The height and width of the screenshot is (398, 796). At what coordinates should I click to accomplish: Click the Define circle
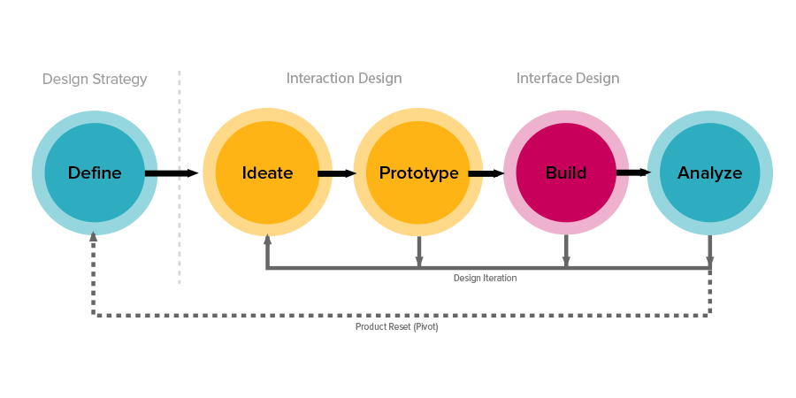[95, 172]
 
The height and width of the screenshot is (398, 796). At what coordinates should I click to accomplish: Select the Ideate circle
[267, 172]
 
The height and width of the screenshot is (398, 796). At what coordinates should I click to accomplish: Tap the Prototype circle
[418, 172]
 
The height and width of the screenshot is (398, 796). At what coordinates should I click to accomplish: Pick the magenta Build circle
[566, 172]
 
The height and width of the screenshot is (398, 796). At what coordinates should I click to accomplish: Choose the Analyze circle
[709, 172]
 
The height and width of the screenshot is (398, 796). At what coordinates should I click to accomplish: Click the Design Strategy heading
[95, 80]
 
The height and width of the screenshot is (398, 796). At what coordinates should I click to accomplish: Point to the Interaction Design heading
[344, 79]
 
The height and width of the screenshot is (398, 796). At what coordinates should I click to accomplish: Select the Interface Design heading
[568, 79]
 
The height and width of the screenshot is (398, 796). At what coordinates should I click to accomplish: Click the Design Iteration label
[485, 278]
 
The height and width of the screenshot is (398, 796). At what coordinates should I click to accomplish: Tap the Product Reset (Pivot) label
[397, 326]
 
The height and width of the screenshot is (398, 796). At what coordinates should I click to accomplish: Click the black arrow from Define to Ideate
[172, 173]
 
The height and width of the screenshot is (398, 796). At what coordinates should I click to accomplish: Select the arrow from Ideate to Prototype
[336, 173]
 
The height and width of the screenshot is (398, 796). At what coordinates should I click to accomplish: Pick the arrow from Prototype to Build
[486, 173]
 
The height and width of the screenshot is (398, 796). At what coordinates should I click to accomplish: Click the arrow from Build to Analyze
[633, 172]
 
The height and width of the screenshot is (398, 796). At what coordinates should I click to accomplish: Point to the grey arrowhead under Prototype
[419, 261]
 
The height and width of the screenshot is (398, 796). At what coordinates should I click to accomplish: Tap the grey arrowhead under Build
[566, 261]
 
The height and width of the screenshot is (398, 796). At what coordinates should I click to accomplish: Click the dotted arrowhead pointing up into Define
[93, 236]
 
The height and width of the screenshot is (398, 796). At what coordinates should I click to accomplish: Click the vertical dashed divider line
[180, 177]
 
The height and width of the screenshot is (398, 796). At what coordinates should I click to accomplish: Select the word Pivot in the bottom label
[425, 326]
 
